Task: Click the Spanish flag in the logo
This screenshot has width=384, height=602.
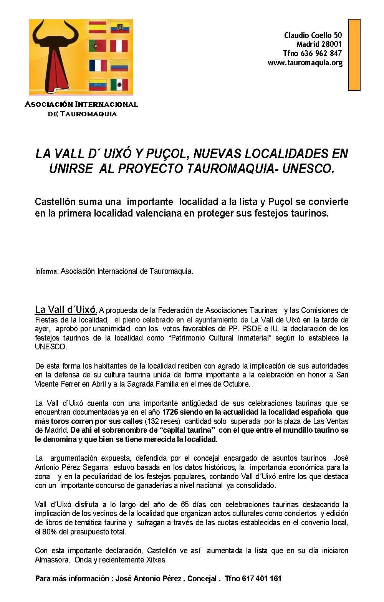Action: coord(98,27)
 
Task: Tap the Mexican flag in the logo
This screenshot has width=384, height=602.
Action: coord(119,84)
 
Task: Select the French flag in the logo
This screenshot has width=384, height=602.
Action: coord(98,66)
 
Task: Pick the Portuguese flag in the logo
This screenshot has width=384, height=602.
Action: coord(98,46)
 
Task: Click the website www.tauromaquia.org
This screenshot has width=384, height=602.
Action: coord(305,63)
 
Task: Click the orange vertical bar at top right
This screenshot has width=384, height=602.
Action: coord(354,55)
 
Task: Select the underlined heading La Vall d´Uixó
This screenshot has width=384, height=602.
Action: coord(66,309)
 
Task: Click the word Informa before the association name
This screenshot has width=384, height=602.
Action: coord(46,271)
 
